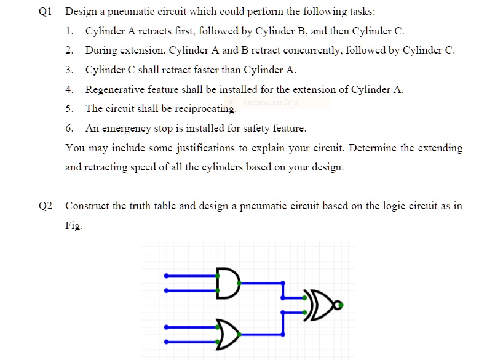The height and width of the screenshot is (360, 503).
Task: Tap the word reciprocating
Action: (204, 110)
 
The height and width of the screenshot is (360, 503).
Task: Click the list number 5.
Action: (69, 109)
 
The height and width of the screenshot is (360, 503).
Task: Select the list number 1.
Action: (69, 31)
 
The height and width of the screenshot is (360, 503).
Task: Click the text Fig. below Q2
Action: (74, 226)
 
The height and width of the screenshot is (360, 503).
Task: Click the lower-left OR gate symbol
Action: (229, 333)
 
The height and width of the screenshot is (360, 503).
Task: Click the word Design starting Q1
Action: (80, 12)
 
